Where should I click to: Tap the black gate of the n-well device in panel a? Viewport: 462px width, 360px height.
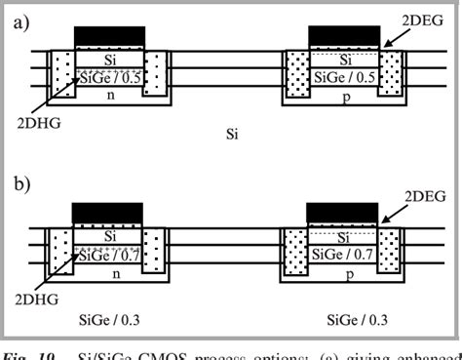point(109,37)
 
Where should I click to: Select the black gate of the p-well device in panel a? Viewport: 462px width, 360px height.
point(343,37)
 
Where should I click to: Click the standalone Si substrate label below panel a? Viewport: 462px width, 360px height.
point(228,130)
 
